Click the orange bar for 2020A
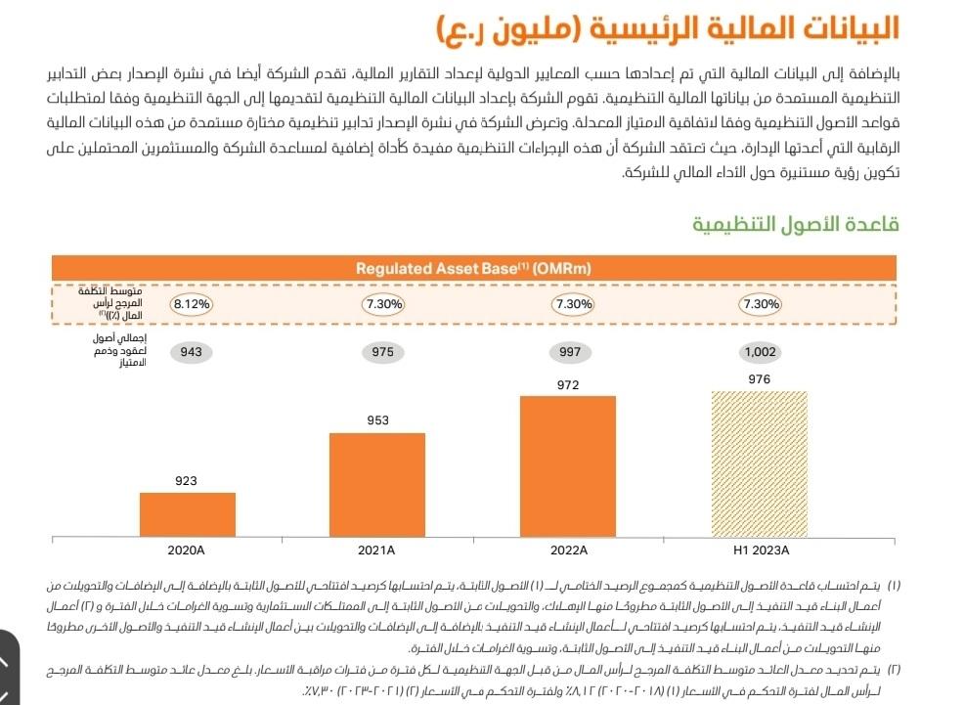coord(187,514)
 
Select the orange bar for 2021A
coord(377,484)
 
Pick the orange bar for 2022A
coord(568,465)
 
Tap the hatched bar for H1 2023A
coord(759,463)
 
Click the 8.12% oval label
coord(192,304)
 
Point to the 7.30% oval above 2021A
coord(382,304)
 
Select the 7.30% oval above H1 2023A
coord(761,304)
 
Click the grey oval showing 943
coord(190,352)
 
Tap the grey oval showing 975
coord(382,352)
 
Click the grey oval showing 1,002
coord(760,352)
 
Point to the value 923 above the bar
coord(186,480)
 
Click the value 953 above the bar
coord(377,420)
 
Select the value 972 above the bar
coord(568,384)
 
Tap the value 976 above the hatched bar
coord(759,379)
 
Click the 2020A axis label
coord(186,551)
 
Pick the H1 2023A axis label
coord(761,551)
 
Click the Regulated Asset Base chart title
coord(473,268)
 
